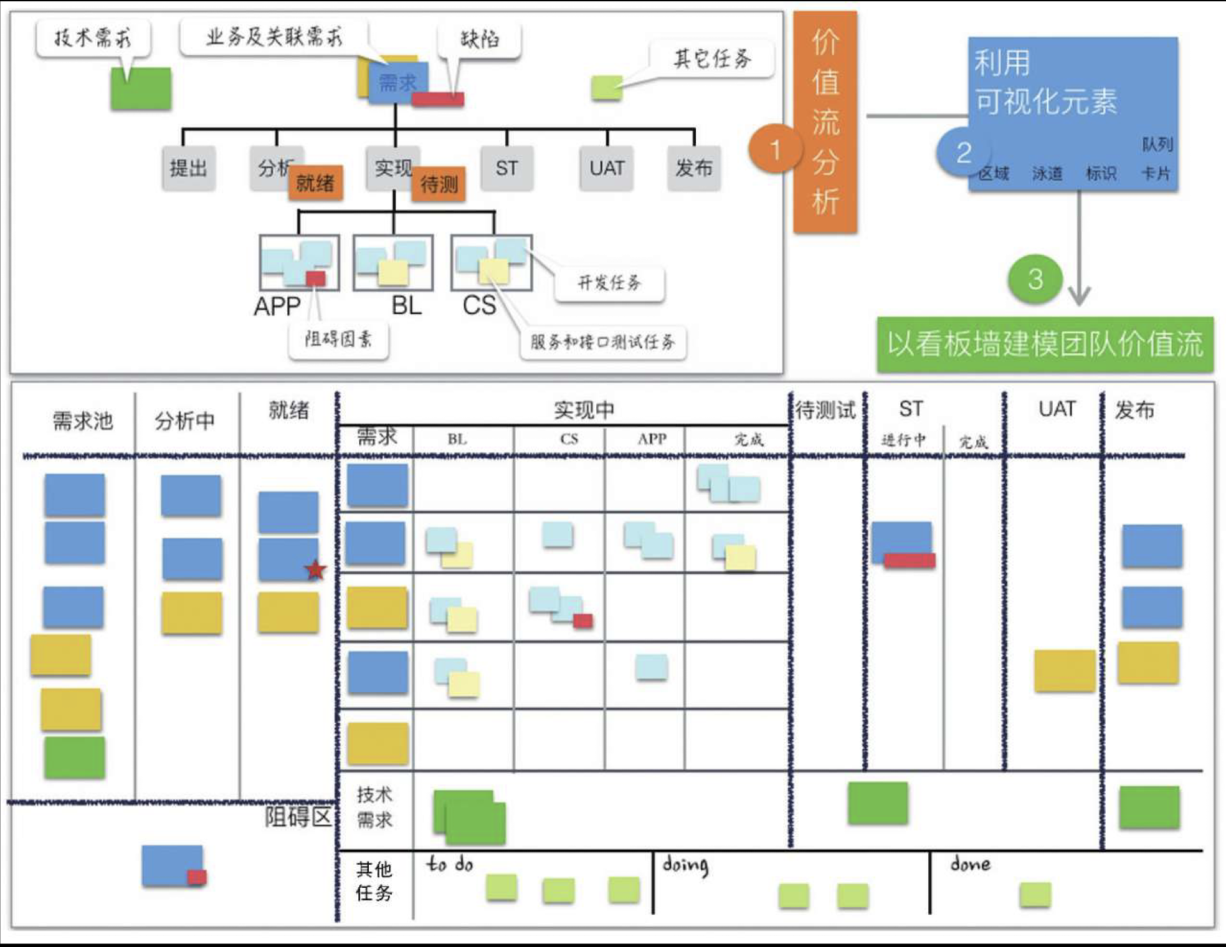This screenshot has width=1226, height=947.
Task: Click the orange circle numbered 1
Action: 774,150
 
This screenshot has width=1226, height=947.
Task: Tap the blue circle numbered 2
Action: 963,152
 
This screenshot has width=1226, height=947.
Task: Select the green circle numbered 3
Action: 1035,278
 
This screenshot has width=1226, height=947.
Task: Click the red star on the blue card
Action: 316,569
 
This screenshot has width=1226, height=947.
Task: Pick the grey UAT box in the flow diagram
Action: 606,168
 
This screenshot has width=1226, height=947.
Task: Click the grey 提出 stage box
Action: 188,168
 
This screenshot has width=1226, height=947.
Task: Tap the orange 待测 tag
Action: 439,184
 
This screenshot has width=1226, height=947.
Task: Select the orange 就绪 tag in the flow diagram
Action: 315,183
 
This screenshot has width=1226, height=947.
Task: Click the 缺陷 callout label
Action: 479,40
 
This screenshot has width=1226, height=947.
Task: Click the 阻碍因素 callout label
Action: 338,340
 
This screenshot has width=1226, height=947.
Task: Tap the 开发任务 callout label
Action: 609,283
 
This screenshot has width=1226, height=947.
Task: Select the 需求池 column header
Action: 83,421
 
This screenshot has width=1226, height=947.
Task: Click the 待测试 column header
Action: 825,411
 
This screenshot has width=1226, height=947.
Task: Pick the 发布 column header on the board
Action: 1134,410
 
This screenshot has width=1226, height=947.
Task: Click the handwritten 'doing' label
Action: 685,865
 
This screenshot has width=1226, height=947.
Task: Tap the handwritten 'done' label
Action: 970,864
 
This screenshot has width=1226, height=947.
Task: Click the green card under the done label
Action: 1035,895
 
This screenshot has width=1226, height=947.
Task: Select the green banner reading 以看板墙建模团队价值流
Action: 1045,345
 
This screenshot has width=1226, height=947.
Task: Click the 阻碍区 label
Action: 298,816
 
